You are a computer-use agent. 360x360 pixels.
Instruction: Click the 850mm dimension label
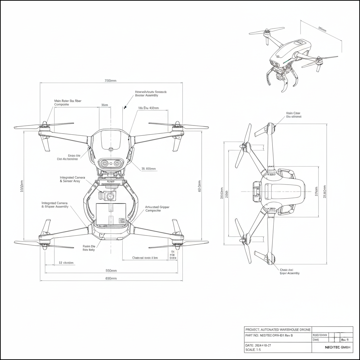click(x=111, y=270)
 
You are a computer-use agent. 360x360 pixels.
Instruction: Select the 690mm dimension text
click(x=111, y=278)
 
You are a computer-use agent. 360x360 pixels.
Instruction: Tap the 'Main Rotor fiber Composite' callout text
click(x=67, y=103)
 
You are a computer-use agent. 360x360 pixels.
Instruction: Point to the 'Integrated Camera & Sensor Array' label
click(x=75, y=179)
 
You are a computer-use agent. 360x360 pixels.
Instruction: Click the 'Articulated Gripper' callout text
click(x=157, y=209)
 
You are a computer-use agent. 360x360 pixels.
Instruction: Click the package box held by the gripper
click(x=111, y=214)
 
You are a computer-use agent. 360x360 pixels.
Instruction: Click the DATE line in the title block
click(x=258, y=345)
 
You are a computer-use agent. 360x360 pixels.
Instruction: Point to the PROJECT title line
click(x=277, y=329)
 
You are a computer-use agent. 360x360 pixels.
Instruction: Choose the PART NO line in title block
click(x=269, y=335)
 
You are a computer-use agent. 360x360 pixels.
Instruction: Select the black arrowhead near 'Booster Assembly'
click(x=125, y=107)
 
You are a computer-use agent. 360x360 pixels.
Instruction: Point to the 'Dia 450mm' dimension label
click(x=148, y=108)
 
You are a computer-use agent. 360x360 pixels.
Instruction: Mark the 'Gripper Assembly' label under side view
click(x=290, y=271)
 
